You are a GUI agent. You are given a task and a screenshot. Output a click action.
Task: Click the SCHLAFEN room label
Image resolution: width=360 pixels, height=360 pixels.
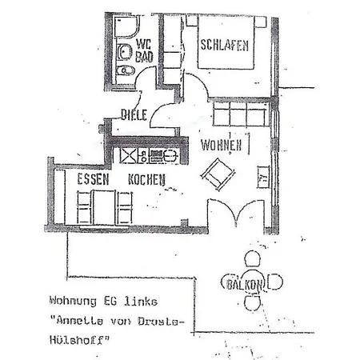coord(225,45)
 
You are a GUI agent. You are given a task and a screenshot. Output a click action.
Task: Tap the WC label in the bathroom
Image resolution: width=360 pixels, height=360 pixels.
coord(143,44)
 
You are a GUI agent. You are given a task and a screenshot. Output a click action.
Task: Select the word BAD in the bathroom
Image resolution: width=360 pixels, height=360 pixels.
coord(144,56)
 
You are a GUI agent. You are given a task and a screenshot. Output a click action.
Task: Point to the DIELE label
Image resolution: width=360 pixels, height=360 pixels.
coord(134,114)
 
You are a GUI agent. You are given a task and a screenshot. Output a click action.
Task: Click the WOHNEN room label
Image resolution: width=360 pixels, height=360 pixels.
coord(222,146)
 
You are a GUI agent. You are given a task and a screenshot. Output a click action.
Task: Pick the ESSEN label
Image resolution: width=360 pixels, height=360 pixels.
coord(93,179)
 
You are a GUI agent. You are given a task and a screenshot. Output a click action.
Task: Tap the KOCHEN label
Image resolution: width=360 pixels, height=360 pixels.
coord(146,179)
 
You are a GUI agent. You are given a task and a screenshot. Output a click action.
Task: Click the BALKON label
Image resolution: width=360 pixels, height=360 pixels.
coord(244,285)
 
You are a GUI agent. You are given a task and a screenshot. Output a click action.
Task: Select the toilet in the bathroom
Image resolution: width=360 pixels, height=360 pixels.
coord(126,70)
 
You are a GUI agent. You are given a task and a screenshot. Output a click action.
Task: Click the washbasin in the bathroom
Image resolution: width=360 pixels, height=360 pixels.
coord(124,51)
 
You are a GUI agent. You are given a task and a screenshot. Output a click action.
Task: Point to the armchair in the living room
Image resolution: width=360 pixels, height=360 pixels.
coord(218,174)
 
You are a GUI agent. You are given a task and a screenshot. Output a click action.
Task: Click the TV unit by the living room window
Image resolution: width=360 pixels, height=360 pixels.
coord(263,177)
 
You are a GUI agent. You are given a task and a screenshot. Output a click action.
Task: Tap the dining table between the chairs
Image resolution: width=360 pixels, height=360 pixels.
coord(104,206)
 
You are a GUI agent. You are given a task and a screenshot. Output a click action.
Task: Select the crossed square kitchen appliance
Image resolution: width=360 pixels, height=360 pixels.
coord(128,156)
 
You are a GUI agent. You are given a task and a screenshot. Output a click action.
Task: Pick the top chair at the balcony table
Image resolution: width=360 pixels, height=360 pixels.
coord(252,258)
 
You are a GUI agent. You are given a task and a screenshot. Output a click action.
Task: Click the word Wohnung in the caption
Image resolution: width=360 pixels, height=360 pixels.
coord(73,301)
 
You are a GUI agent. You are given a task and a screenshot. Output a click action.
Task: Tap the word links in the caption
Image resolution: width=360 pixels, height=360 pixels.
coord(141,301)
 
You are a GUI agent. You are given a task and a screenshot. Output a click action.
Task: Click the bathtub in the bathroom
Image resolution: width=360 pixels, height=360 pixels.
coord(126,26)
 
